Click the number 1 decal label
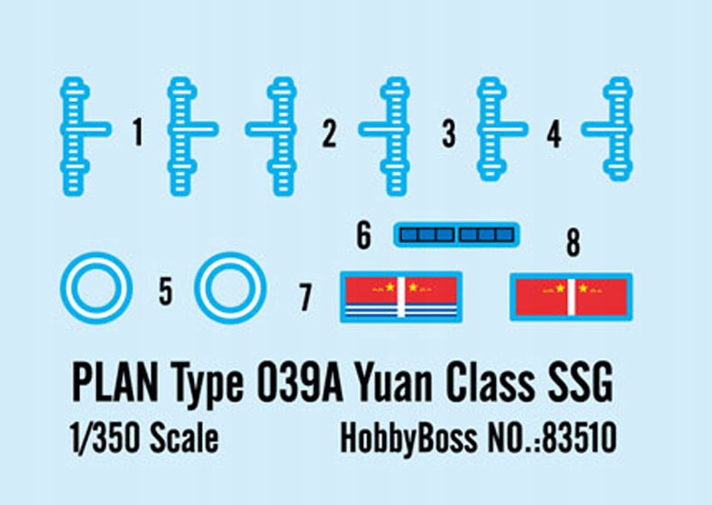tap(137, 134)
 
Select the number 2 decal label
tap(329, 134)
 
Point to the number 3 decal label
tap(449, 134)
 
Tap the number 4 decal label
tap(553, 134)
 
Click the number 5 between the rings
tap(165, 291)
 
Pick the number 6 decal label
tap(363, 236)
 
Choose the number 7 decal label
tap(306, 297)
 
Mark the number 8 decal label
tap(572, 243)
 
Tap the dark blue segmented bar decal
tap(457, 235)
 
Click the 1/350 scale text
tap(142, 438)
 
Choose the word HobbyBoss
tap(408, 438)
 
